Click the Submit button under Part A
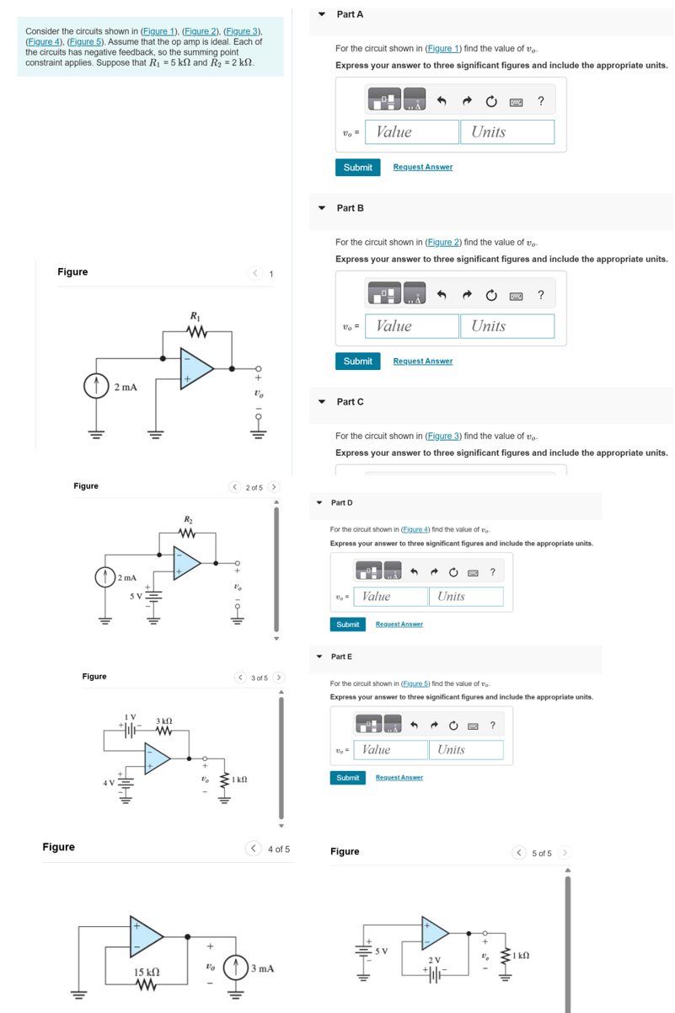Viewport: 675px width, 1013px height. pyautogui.click(x=357, y=168)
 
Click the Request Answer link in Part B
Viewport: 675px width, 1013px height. pyautogui.click(x=422, y=361)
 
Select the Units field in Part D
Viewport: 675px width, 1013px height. pyautogui.click(x=466, y=597)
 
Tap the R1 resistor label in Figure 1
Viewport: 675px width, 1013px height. pyautogui.click(x=196, y=317)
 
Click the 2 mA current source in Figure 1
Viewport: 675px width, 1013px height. pyautogui.click(x=94, y=387)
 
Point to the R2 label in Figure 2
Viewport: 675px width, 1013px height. pyautogui.click(x=189, y=518)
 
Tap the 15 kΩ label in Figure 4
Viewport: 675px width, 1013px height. pyautogui.click(x=148, y=973)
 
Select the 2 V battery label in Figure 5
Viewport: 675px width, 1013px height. pyautogui.click(x=434, y=960)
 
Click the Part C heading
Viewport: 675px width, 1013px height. pyautogui.click(x=350, y=402)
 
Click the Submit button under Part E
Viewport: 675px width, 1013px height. pyautogui.click(x=347, y=778)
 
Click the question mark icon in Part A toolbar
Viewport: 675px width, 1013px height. pyautogui.click(x=540, y=102)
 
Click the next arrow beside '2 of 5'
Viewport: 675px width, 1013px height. pyautogui.click(x=274, y=487)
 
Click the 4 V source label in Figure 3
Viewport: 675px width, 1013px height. pyautogui.click(x=109, y=783)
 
